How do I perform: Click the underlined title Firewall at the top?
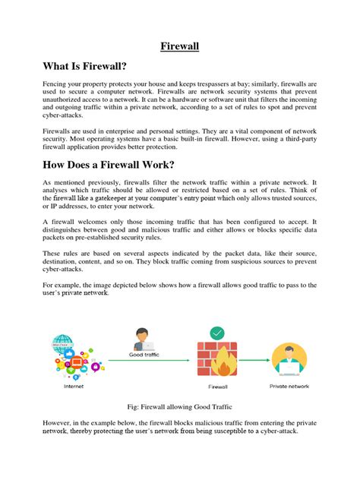[x=179, y=46]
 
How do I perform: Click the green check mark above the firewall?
[x=216, y=333]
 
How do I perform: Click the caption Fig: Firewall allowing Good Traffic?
[x=179, y=408]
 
